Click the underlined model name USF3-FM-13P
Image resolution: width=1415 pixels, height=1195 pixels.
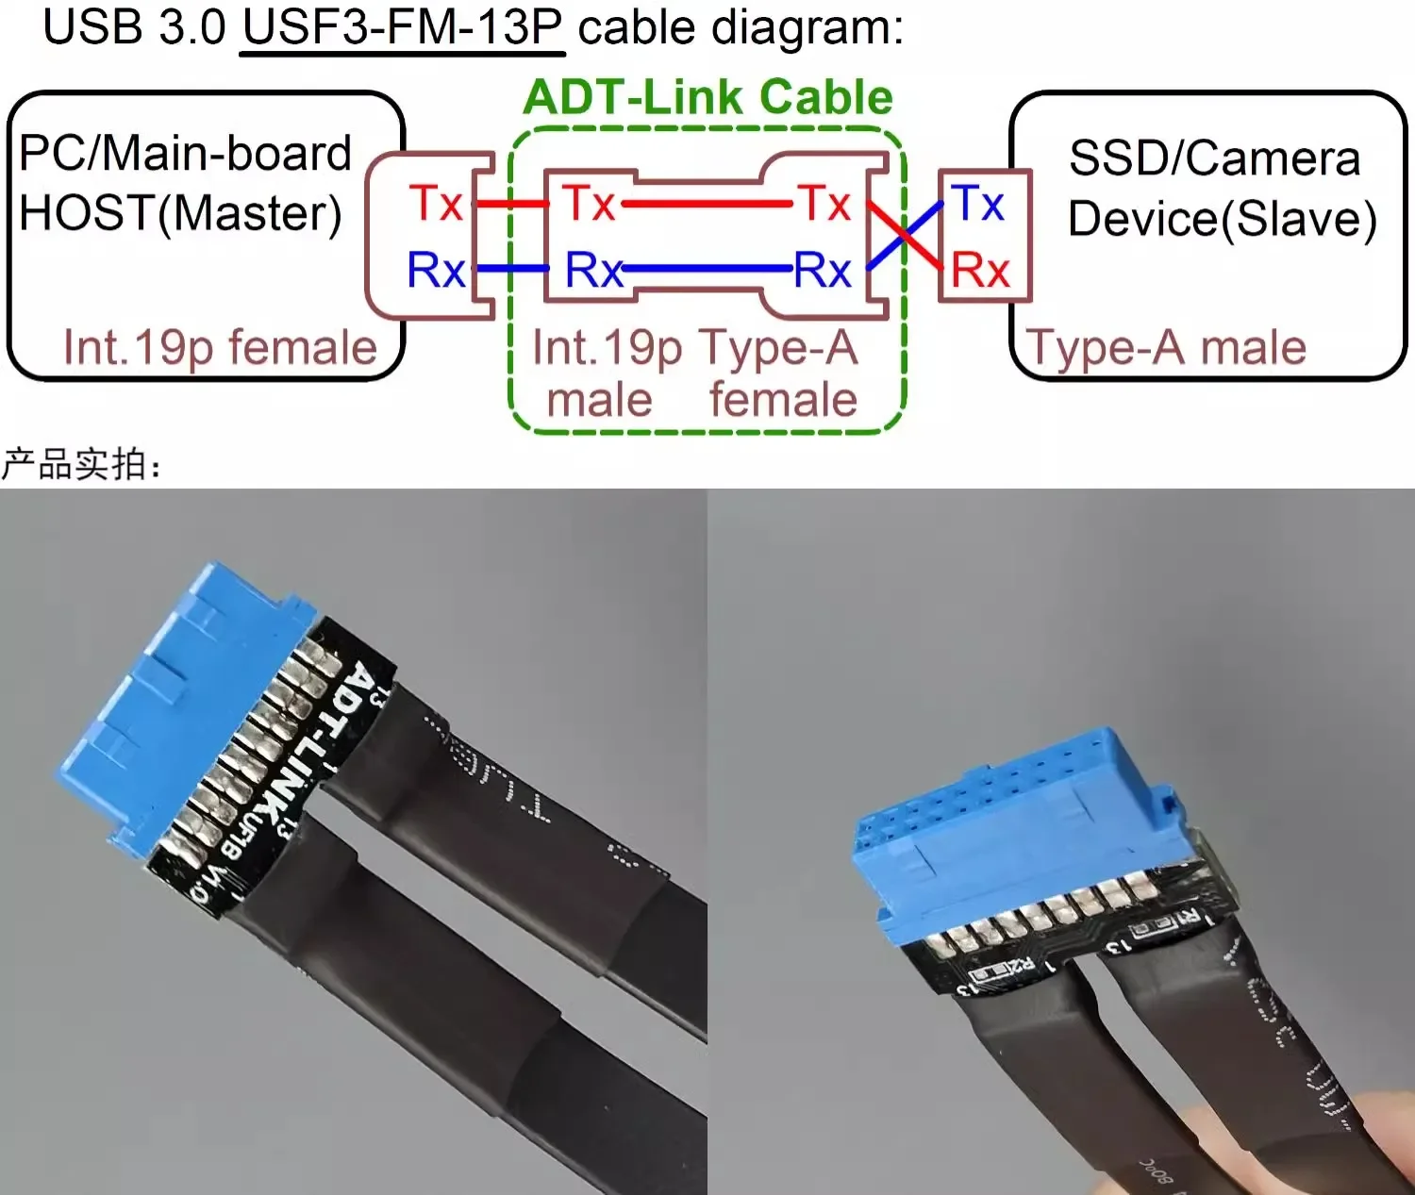403,27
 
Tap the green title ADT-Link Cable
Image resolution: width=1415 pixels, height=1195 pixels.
707,98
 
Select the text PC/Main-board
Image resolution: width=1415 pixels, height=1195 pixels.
185,154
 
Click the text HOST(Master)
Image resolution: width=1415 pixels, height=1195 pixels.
180,214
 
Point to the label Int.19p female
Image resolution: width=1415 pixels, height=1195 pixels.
220,347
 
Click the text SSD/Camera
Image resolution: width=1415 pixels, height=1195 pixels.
1214,158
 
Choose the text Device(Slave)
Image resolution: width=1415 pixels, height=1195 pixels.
1222,219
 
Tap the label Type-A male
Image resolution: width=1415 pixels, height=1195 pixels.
1167,347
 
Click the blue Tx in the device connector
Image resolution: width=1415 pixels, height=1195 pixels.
978,203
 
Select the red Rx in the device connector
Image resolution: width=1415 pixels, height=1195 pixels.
980,271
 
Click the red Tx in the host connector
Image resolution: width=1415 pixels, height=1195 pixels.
436,203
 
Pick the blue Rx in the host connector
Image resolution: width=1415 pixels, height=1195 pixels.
436,271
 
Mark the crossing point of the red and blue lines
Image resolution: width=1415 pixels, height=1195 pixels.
904,235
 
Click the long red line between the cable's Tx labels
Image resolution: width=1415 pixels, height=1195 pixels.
707,203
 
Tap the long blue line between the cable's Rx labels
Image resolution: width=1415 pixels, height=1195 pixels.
707,269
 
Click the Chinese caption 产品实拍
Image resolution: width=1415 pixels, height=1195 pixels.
81,464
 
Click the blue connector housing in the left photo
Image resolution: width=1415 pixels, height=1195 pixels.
179,698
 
